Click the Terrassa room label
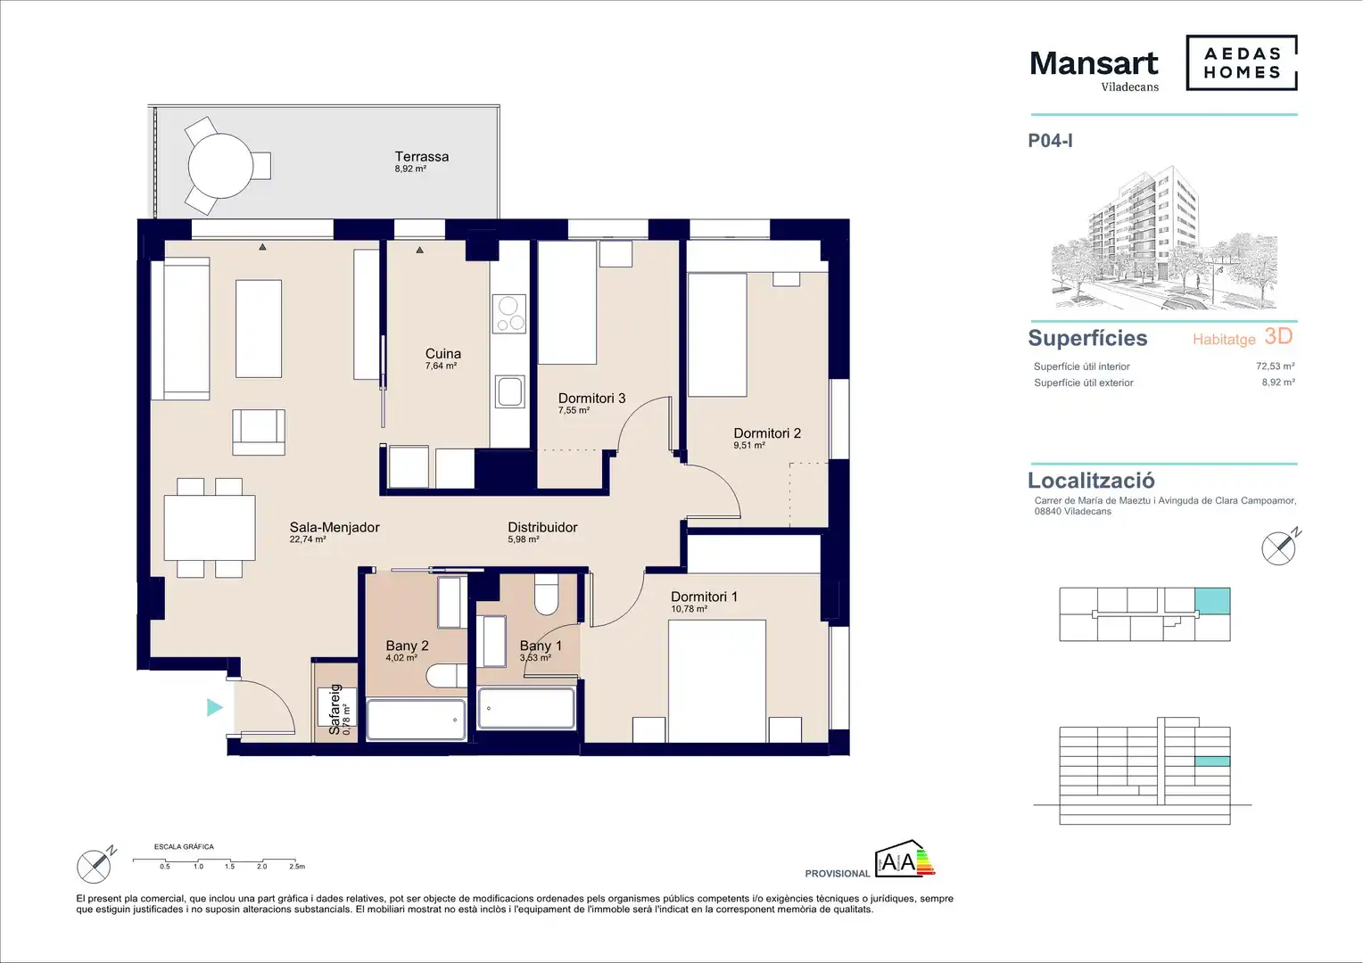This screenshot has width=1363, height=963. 422,157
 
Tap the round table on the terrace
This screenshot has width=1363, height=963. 220,166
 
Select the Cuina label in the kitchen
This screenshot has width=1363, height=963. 443,353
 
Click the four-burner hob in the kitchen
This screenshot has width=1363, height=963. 508,314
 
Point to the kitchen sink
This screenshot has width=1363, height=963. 509,391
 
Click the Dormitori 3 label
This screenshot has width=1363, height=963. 591,399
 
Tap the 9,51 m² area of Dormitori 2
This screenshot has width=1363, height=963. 749,445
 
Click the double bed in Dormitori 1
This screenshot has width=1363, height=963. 717,680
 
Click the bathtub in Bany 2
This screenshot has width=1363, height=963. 416,720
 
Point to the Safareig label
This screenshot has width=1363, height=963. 335,710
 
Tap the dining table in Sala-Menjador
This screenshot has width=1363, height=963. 210,528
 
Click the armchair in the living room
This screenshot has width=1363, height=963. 259,432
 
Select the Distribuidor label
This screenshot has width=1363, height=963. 542,528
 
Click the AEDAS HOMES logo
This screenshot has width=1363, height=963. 1242,62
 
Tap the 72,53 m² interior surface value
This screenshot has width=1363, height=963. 1276,366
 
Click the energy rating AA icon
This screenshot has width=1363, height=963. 905,859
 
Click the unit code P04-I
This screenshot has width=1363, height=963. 1050,141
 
